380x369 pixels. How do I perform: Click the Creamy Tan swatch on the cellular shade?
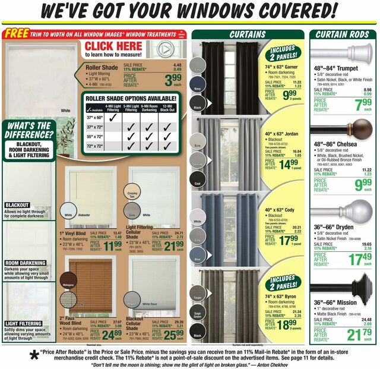(x=133, y=194)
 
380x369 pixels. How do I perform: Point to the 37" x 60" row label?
(x=94, y=118)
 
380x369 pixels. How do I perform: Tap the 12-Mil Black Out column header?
(x=167, y=108)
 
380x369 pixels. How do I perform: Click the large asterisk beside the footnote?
(x=25, y=356)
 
